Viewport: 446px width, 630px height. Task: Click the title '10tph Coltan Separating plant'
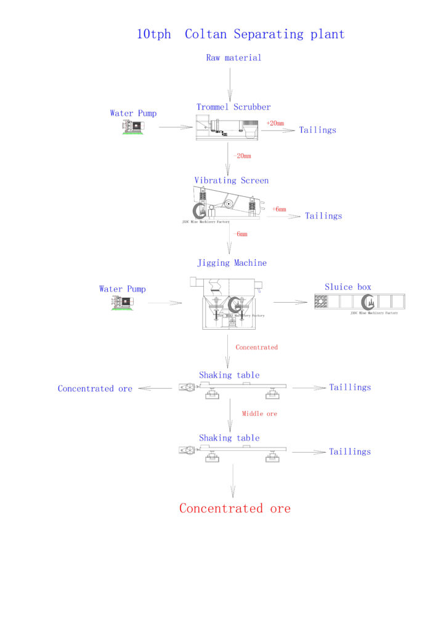coord(240,34)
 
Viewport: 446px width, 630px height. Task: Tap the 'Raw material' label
coord(233,58)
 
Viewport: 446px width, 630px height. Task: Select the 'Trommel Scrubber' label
coord(233,107)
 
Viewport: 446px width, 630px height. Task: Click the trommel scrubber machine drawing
coord(227,127)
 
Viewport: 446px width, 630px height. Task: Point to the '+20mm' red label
coord(275,123)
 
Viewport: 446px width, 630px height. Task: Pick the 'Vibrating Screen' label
coord(232,180)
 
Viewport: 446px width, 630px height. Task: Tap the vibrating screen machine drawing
coord(224,202)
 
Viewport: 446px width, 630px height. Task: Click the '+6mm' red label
coord(279,209)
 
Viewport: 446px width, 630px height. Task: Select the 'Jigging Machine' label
coord(232,263)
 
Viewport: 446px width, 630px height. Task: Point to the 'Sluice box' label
coord(348,287)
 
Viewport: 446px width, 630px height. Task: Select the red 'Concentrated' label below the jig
coord(257,348)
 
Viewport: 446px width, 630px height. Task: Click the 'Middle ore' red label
coord(259,413)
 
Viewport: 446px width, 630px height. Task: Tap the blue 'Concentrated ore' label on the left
coord(95,389)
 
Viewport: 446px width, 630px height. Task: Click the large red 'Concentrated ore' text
coord(235,508)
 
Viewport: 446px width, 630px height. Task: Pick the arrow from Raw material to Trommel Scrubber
coord(230,84)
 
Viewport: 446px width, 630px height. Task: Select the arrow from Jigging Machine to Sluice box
coord(290,301)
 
